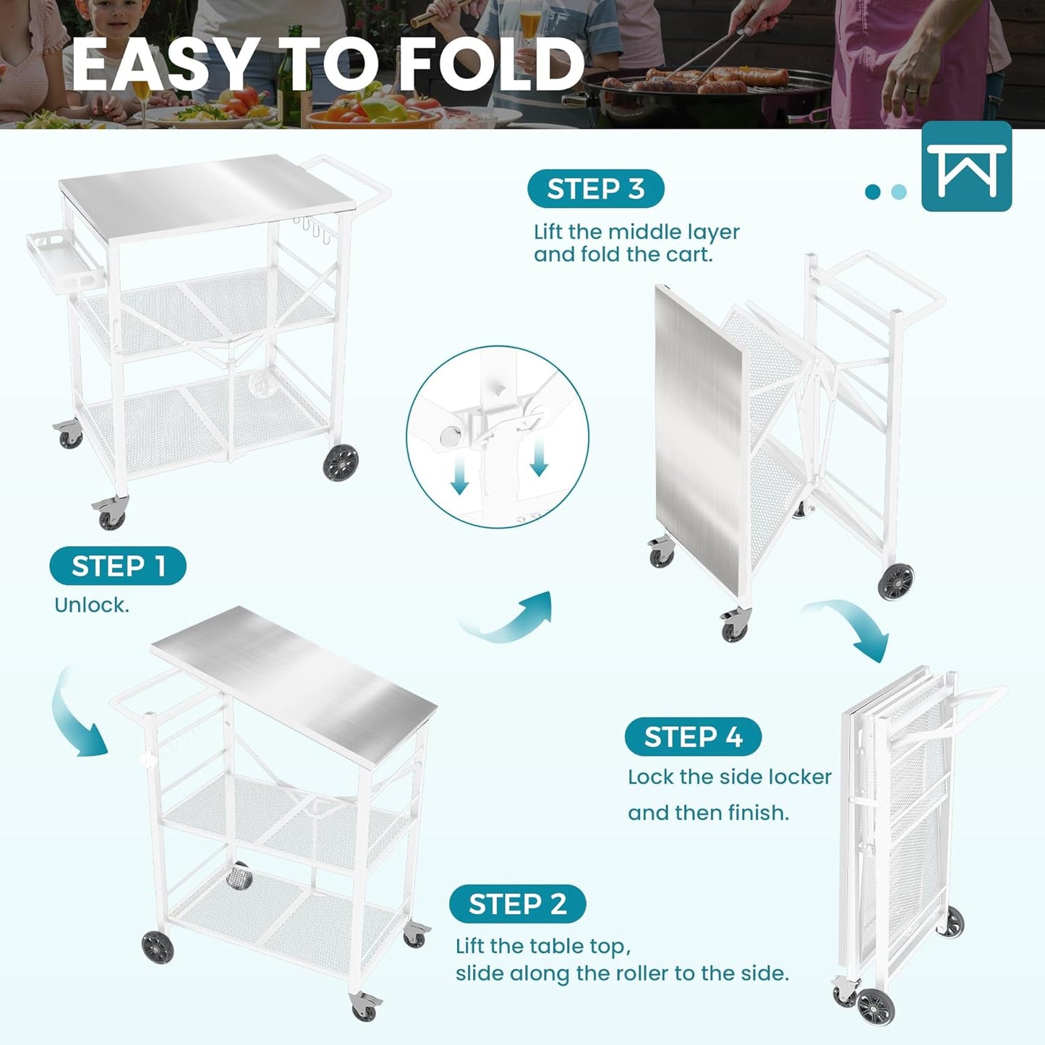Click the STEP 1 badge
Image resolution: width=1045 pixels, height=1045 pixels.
tap(118, 566)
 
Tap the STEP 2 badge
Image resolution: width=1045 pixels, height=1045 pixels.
tap(517, 904)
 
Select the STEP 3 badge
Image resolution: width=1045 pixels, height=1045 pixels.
tap(595, 189)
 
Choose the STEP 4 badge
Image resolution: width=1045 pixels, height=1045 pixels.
tap(693, 737)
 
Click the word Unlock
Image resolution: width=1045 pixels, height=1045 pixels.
tap(92, 605)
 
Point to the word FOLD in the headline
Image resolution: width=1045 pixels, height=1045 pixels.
tap(492, 65)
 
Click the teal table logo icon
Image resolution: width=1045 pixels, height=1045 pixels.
tap(966, 167)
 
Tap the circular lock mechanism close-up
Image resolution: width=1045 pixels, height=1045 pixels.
tap(498, 436)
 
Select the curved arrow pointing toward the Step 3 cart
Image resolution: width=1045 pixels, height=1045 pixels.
tap(510, 619)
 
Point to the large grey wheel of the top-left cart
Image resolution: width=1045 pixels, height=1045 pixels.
tap(341, 462)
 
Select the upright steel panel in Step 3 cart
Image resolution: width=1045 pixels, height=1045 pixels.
tap(699, 434)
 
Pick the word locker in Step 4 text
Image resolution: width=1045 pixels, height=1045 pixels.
tap(799, 777)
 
